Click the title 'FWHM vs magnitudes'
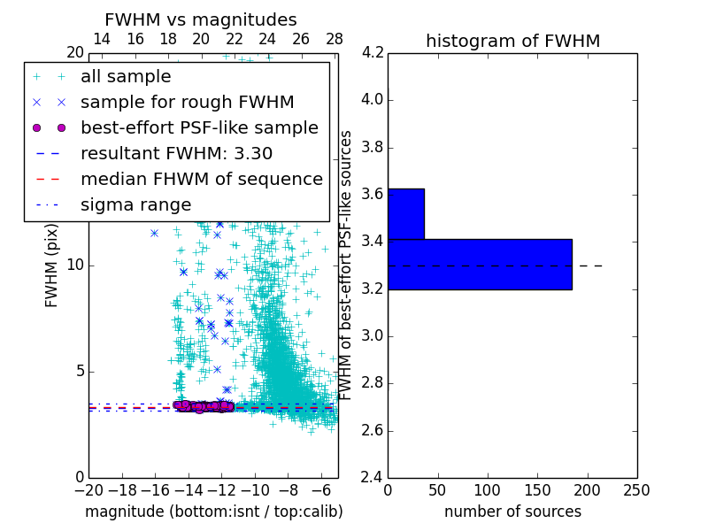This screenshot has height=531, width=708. click(x=201, y=19)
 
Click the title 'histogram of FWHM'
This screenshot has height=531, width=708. click(x=512, y=41)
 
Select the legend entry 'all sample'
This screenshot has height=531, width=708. click(x=126, y=77)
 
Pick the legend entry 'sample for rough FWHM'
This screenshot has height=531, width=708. click(x=187, y=102)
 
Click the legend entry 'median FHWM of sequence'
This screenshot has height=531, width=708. click(x=201, y=179)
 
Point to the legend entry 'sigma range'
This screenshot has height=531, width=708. click(x=135, y=204)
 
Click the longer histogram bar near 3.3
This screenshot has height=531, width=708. click(x=480, y=264)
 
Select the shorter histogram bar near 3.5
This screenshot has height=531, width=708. click(x=406, y=213)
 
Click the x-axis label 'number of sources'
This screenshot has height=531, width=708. click(x=512, y=512)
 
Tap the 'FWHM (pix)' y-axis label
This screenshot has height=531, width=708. click(x=52, y=265)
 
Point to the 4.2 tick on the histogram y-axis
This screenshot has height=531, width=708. click(x=372, y=52)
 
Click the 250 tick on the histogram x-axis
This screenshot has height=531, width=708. click(x=636, y=489)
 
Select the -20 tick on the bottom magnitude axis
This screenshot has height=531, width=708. click(x=88, y=489)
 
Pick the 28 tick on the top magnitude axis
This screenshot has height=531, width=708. click(x=335, y=39)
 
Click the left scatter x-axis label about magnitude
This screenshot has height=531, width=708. click(x=213, y=512)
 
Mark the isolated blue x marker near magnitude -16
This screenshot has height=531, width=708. click(x=154, y=233)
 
